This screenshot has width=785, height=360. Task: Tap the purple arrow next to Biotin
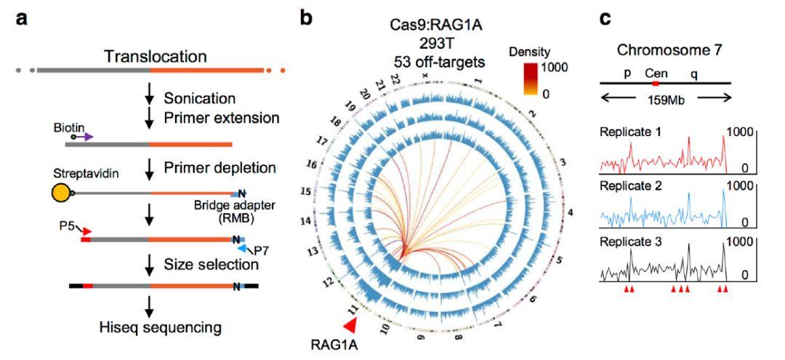[84, 136]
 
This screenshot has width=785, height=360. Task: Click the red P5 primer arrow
[87, 231]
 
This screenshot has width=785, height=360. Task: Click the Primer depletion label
[220, 168]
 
